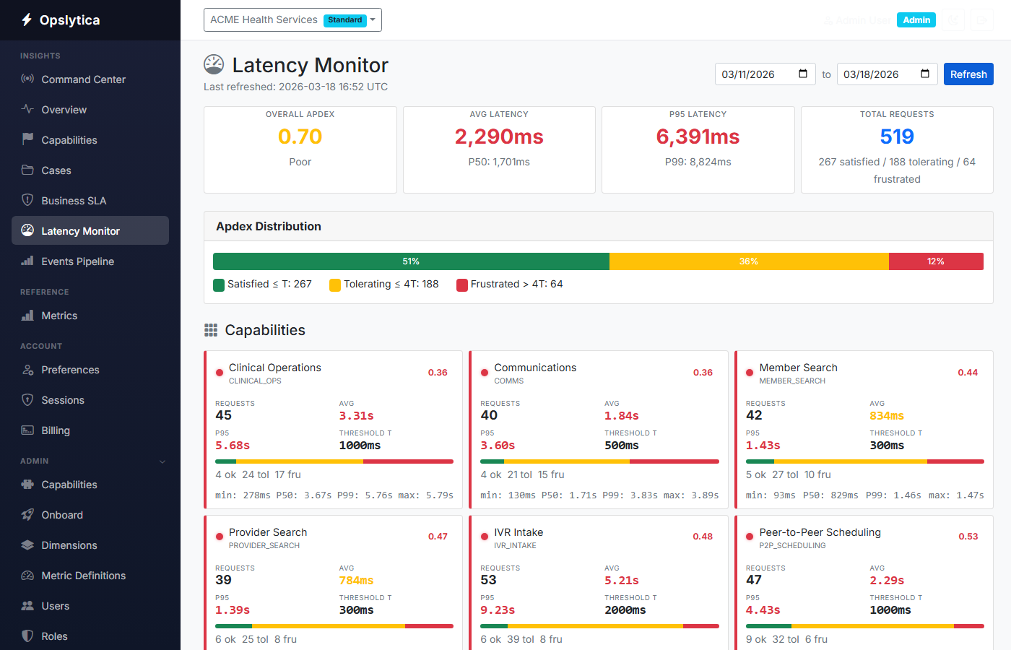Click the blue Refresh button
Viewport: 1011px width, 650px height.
click(x=968, y=74)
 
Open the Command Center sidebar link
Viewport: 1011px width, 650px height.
click(x=83, y=79)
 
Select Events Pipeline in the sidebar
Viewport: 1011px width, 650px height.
click(x=77, y=261)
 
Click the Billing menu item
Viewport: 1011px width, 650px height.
click(x=56, y=430)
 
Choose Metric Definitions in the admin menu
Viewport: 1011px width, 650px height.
click(x=83, y=576)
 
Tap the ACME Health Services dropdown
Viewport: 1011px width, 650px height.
click(x=292, y=20)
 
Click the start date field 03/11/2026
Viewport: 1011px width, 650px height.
click(x=764, y=74)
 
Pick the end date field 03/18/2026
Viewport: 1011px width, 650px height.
click(x=886, y=74)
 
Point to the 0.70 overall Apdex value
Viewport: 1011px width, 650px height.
click(x=300, y=136)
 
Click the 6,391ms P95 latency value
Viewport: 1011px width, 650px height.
click(x=698, y=136)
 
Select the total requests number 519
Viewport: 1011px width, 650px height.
click(x=897, y=136)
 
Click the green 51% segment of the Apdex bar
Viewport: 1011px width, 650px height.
click(x=411, y=261)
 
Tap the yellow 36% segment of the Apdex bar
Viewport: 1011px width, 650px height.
click(x=749, y=261)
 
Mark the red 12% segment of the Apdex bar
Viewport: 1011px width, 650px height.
click(x=936, y=261)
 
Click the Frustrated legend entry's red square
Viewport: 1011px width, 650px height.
click(x=462, y=285)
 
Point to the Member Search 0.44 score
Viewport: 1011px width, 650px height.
click(x=968, y=373)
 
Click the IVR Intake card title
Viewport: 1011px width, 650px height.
click(x=518, y=532)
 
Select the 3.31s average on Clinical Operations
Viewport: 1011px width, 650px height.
click(x=357, y=416)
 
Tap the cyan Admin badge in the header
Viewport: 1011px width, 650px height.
click(x=916, y=20)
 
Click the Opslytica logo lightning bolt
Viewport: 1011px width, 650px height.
click(x=27, y=19)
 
